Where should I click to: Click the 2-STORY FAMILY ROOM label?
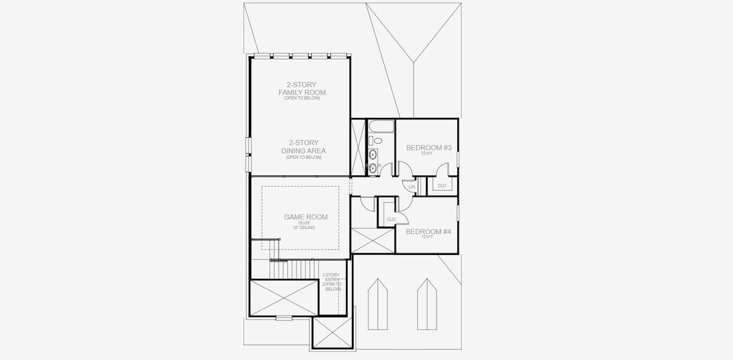point(302,88)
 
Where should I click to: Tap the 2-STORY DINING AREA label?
point(304,146)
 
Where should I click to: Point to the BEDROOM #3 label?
point(428,148)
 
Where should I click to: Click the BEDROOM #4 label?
point(428,231)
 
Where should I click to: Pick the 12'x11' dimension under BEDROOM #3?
point(427,154)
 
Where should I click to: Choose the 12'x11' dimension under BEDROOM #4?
point(427,237)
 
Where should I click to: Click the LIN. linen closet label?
point(412,188)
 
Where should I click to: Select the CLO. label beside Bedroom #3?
point(442,186)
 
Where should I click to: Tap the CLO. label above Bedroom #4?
point(391,220)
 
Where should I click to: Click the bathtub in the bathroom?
point(380,126)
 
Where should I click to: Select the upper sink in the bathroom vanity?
point(372,154)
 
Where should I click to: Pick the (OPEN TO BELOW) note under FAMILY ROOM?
point(302,98)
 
